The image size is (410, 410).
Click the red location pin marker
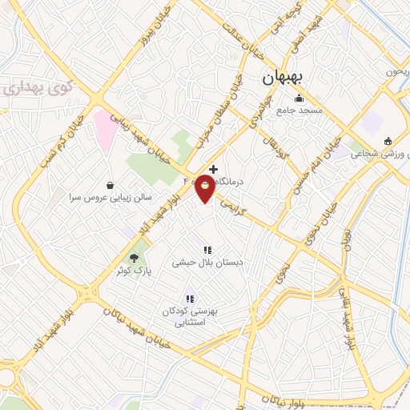click(205, 189)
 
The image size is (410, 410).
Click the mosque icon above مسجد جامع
click(300, 99)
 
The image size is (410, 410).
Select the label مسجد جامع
click(300, 111)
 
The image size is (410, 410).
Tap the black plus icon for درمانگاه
click(213, 169)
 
